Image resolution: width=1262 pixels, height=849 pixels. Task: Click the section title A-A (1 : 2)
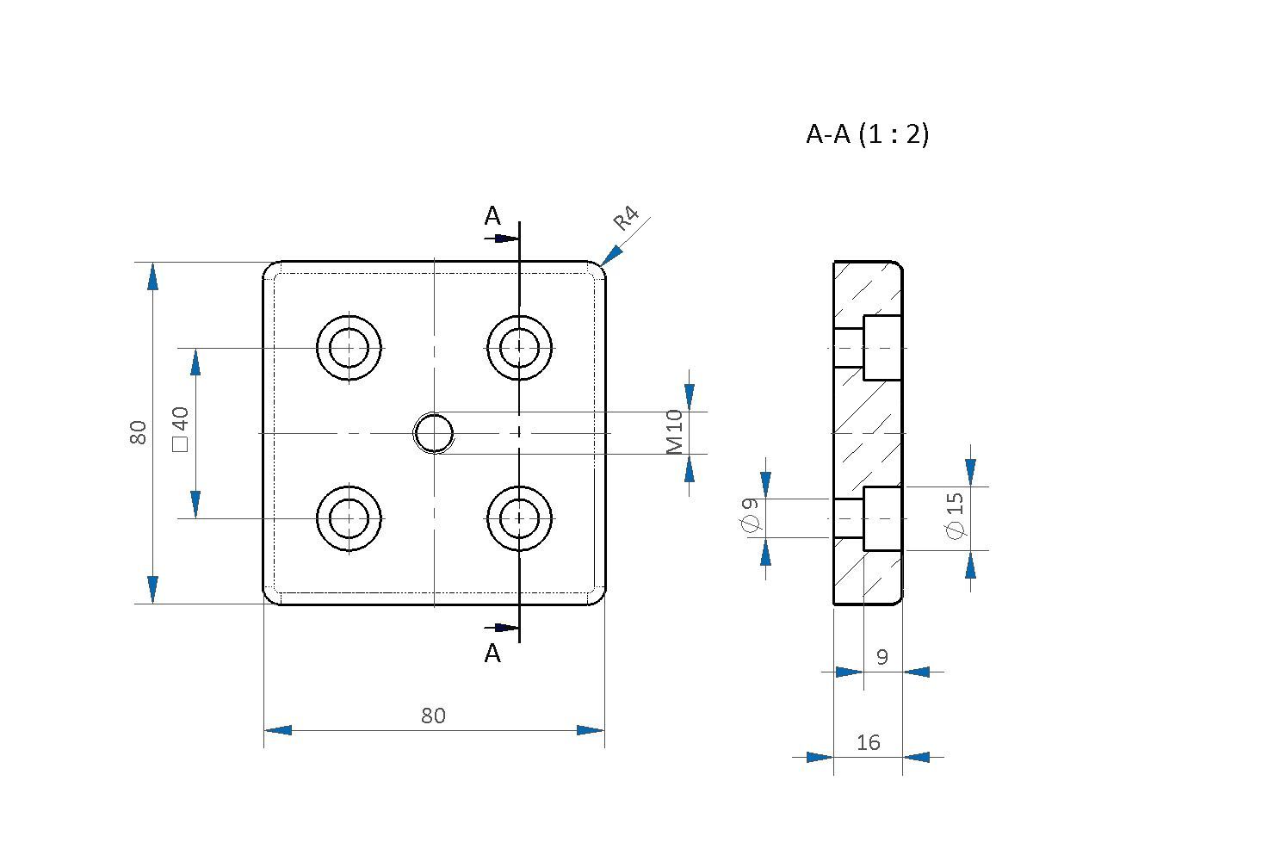867,134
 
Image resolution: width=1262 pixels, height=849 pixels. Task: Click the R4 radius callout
626,218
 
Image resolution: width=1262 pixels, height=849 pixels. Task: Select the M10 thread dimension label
674,432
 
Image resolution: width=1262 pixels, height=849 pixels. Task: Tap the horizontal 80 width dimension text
433,716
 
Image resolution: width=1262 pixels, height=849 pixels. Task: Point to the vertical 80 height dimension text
138,432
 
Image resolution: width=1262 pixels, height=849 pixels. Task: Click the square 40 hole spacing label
180,429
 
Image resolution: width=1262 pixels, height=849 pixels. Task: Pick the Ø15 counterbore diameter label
955,516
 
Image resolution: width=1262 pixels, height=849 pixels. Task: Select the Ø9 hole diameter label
750,514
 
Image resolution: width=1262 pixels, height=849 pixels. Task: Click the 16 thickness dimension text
869,742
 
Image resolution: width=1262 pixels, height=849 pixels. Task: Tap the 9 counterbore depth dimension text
882,657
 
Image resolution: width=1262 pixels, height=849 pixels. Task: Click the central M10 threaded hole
434,433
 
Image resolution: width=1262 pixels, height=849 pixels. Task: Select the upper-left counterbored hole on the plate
349,348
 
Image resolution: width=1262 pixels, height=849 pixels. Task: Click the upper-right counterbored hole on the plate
519,348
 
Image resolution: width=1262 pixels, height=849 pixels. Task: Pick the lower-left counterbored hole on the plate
349,518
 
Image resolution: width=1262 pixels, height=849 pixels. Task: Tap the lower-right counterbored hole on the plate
519,518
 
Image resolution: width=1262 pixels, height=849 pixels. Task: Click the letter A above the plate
492,216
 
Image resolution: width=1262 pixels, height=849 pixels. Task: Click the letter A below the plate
492,654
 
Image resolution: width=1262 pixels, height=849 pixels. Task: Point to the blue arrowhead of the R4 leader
612,255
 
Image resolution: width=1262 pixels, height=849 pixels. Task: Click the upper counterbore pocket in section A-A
882,348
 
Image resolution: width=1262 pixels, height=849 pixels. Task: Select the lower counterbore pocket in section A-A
882,518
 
